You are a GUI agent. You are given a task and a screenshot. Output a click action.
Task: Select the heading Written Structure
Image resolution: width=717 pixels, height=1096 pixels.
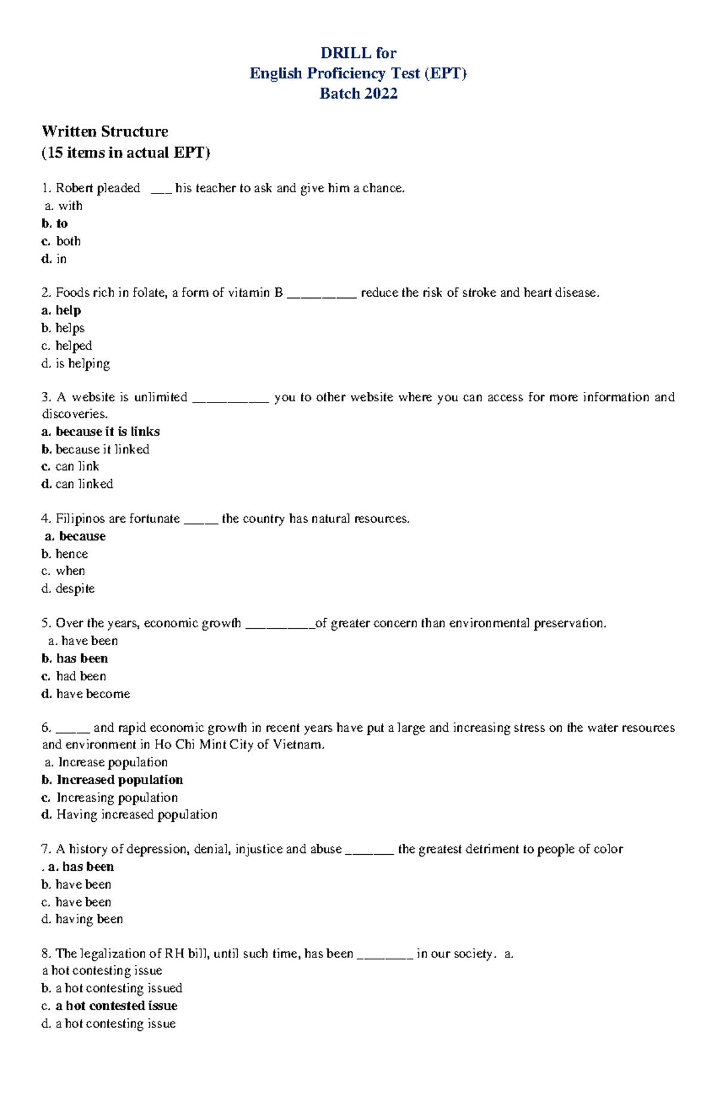[x=105, y=131]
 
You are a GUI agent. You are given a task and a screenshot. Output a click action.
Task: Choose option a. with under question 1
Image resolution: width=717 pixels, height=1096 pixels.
[x=64, y=206]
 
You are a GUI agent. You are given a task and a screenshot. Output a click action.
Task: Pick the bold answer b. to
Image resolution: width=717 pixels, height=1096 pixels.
[x=55, y=223]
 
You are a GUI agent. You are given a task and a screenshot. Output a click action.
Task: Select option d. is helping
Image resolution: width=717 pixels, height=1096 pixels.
[x=76, y=364]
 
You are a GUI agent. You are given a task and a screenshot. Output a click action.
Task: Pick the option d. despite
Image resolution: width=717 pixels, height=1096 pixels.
[x=68, y=589]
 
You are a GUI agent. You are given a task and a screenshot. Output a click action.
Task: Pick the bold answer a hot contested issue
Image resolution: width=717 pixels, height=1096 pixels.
[x=116, y=1006]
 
